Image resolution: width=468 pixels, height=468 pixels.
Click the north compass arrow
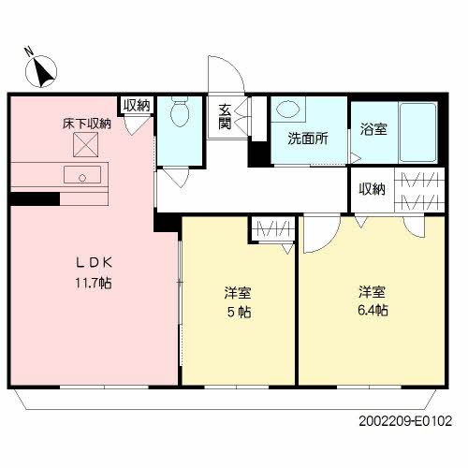pos(42,73)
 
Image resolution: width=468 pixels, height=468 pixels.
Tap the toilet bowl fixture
pos(180,110)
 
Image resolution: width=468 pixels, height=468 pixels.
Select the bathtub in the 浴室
pos(418,132)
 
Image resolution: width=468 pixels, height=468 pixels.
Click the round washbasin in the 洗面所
pos(288,110)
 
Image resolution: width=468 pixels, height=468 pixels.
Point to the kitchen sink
pos(82,175)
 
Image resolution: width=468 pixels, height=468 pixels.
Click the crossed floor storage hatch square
pos(85,144)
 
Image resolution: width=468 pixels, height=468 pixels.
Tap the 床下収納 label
pos(87,124)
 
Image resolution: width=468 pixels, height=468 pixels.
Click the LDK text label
pos(94,263)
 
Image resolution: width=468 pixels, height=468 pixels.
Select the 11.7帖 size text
pos(94,283)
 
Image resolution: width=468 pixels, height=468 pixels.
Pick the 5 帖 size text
pos(239,312)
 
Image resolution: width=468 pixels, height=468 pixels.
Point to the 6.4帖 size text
pos(373,311)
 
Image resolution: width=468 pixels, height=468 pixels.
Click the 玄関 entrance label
pos(225,117)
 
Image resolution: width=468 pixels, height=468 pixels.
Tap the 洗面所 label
pos(308,139)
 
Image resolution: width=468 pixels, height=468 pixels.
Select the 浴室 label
pos(373,129)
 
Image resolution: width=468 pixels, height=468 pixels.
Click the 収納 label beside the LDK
pos(137,106)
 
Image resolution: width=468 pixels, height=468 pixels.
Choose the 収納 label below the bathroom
pos(372,189)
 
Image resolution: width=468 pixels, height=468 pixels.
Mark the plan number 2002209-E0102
pos(405,421)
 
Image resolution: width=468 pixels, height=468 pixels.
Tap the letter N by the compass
pos(30,51)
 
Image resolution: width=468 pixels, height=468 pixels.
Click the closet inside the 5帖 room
pos(273,229)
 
